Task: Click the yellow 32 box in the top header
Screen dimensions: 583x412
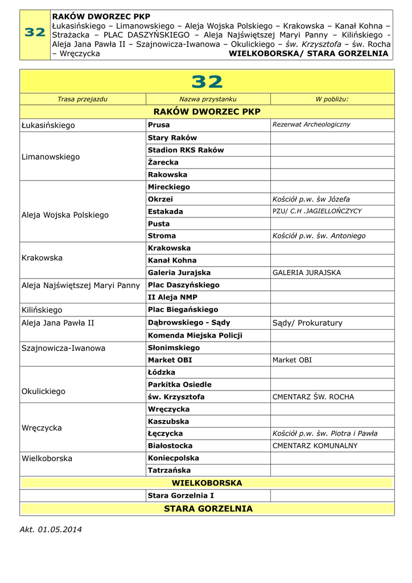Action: pos(35,34)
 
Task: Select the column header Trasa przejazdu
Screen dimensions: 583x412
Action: pos(83,99)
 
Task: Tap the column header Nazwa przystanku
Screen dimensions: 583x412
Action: pos(208,99)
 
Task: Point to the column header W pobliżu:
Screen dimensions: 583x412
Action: pos(332,99)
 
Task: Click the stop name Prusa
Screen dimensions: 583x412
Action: pos(159,125)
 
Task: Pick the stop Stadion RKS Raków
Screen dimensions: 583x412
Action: pos(186,150)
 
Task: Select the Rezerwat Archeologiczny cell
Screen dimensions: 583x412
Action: pos(311,125)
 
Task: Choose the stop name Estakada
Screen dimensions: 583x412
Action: pos(165,211)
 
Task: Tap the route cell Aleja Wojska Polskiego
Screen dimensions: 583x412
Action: pos(65,215)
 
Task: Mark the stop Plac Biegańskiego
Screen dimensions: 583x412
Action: pos(183,310)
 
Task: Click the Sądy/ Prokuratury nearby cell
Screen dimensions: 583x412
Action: pos(307,323)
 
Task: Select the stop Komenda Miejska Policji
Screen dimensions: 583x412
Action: pos(195,335)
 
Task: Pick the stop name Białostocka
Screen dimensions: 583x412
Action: pos(170,446)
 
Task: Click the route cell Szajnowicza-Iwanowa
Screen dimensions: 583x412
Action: pos(63,348)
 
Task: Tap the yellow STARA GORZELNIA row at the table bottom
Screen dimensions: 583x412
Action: pos(208,508)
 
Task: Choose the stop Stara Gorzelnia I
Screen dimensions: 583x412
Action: pos(180,496)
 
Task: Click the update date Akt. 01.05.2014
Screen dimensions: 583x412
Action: pos(51,529)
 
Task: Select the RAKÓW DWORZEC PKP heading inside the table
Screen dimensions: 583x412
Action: pos(208,112)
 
